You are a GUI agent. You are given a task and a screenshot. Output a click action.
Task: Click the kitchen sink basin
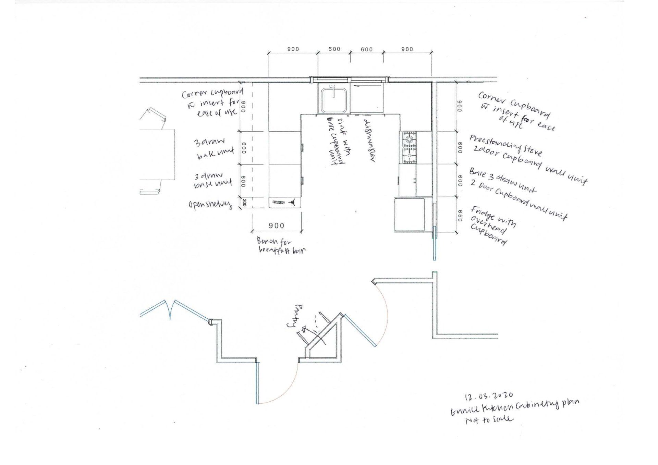(333, 99)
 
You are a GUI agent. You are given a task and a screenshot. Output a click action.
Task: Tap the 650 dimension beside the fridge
(460, 216)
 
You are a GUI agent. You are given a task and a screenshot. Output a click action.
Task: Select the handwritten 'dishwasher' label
(368, 140)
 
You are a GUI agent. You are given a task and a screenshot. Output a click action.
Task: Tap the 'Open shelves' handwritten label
(210, 205)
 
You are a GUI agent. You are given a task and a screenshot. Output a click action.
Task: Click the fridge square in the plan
(410, 215)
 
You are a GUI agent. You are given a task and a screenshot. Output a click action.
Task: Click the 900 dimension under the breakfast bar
(276, 225)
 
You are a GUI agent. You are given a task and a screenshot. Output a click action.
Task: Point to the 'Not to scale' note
(489, 420)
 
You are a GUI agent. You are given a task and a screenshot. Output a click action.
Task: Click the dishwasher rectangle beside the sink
(367, 98)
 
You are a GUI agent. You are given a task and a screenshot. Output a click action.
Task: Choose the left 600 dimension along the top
(334, 49)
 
